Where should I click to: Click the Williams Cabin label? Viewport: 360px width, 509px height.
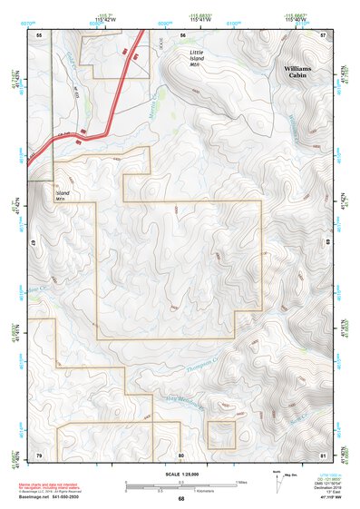pos(297,73)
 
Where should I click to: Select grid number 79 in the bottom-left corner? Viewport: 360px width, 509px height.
pos(39,454)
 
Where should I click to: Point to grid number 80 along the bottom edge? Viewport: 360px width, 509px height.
pos(181,454)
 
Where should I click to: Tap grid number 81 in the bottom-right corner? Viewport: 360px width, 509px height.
pos(323,454)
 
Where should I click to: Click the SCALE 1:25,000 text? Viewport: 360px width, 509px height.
pos(180,475)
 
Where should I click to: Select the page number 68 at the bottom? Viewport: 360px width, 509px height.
pos(181,499)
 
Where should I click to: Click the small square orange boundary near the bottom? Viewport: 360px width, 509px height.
pos(222,436)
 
